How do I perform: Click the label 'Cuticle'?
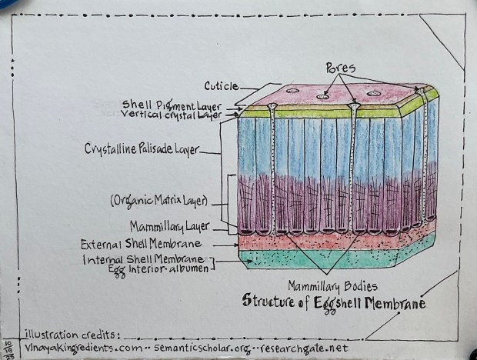point(221,86)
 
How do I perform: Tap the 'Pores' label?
point(341,66)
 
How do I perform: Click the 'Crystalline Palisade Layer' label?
point(142,149)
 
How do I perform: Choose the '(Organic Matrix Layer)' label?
point(158,202)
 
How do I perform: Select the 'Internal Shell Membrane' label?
point(147,259)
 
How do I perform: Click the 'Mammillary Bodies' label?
point(330,285)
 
